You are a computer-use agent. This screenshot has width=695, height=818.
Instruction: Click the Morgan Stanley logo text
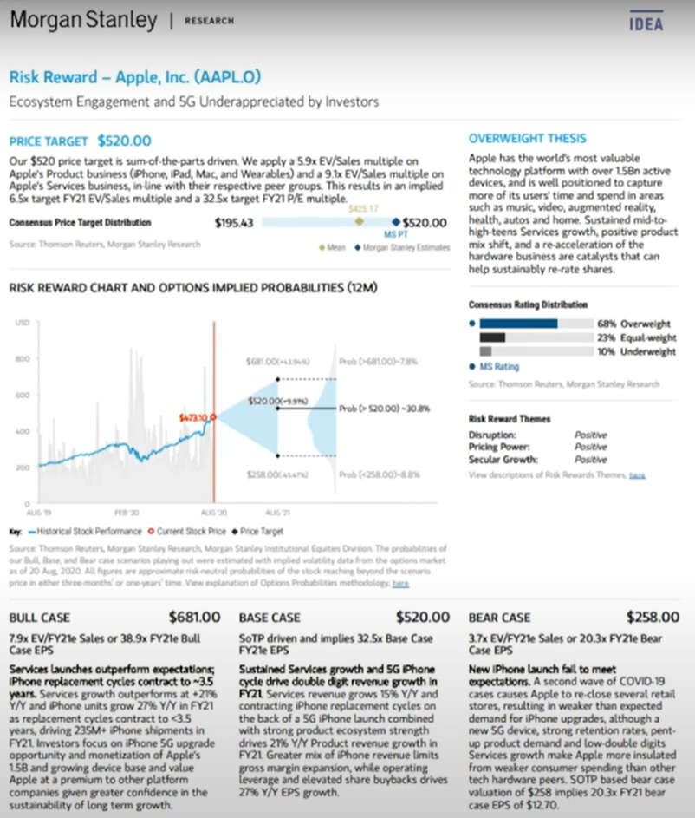click(84, 20)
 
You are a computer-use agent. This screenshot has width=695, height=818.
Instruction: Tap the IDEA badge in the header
click(646, 23)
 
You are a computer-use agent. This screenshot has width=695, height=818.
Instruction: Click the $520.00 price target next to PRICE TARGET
click(124, 141)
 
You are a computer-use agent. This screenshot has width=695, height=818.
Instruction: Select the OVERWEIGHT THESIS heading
click(527, 138)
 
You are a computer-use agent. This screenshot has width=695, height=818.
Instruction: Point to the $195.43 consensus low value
click(233, 223)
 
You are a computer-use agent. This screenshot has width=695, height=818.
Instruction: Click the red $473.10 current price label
click(192, 417)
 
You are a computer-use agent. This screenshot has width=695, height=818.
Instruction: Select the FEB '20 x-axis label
click(127, 514)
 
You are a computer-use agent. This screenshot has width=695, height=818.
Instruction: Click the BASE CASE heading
click(270, 618)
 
